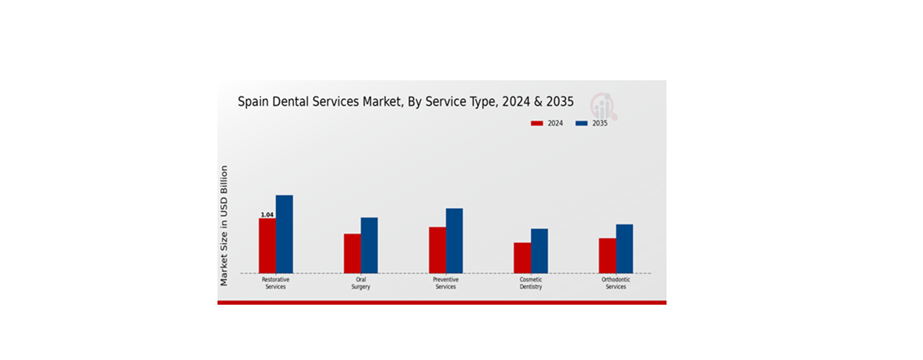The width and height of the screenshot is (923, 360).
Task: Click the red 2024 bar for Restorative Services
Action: tap(267, 245)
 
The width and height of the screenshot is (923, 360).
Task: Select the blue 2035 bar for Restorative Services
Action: tap(285, 234)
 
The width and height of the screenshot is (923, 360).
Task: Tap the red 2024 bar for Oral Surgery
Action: tap(352, 253)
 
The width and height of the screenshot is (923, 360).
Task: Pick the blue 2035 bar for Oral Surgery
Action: tap(370, 245)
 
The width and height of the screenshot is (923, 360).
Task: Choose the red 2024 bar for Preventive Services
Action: tap(437, 250)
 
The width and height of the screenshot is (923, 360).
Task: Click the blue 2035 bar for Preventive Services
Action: tap(454, 241)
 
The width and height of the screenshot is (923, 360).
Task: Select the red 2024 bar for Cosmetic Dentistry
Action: tap(522, 258)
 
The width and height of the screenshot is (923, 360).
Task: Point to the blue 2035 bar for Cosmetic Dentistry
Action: tap(539, 251)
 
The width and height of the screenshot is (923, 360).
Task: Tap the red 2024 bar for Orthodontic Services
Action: tap(607, 256)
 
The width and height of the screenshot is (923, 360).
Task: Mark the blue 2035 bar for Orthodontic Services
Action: tap(624, 249)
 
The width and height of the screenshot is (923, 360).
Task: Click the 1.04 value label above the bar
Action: tap(267, 215)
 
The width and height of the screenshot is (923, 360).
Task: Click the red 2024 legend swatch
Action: tap(537, 123)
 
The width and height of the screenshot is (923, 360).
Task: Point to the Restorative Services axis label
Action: tap(276, 283)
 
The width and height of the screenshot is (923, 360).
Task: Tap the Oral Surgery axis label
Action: tap(361, 283)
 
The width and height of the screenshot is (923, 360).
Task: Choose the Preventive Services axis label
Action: tap(446, 283)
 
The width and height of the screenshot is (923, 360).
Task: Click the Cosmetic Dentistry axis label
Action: tap(531, 283)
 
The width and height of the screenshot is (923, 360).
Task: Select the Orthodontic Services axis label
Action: tap(616, 283)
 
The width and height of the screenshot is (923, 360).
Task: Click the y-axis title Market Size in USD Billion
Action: tap(225, 225)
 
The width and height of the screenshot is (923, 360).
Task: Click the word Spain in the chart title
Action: tap(253, 101)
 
